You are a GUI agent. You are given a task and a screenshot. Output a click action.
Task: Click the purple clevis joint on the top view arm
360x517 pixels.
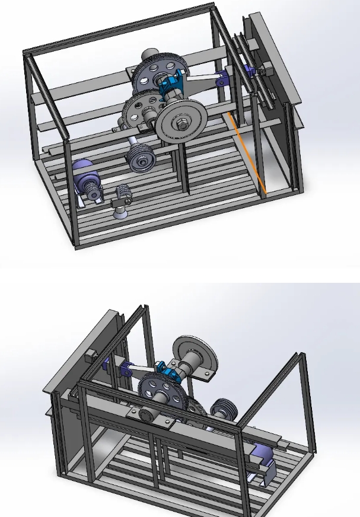[x=222, y=79]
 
